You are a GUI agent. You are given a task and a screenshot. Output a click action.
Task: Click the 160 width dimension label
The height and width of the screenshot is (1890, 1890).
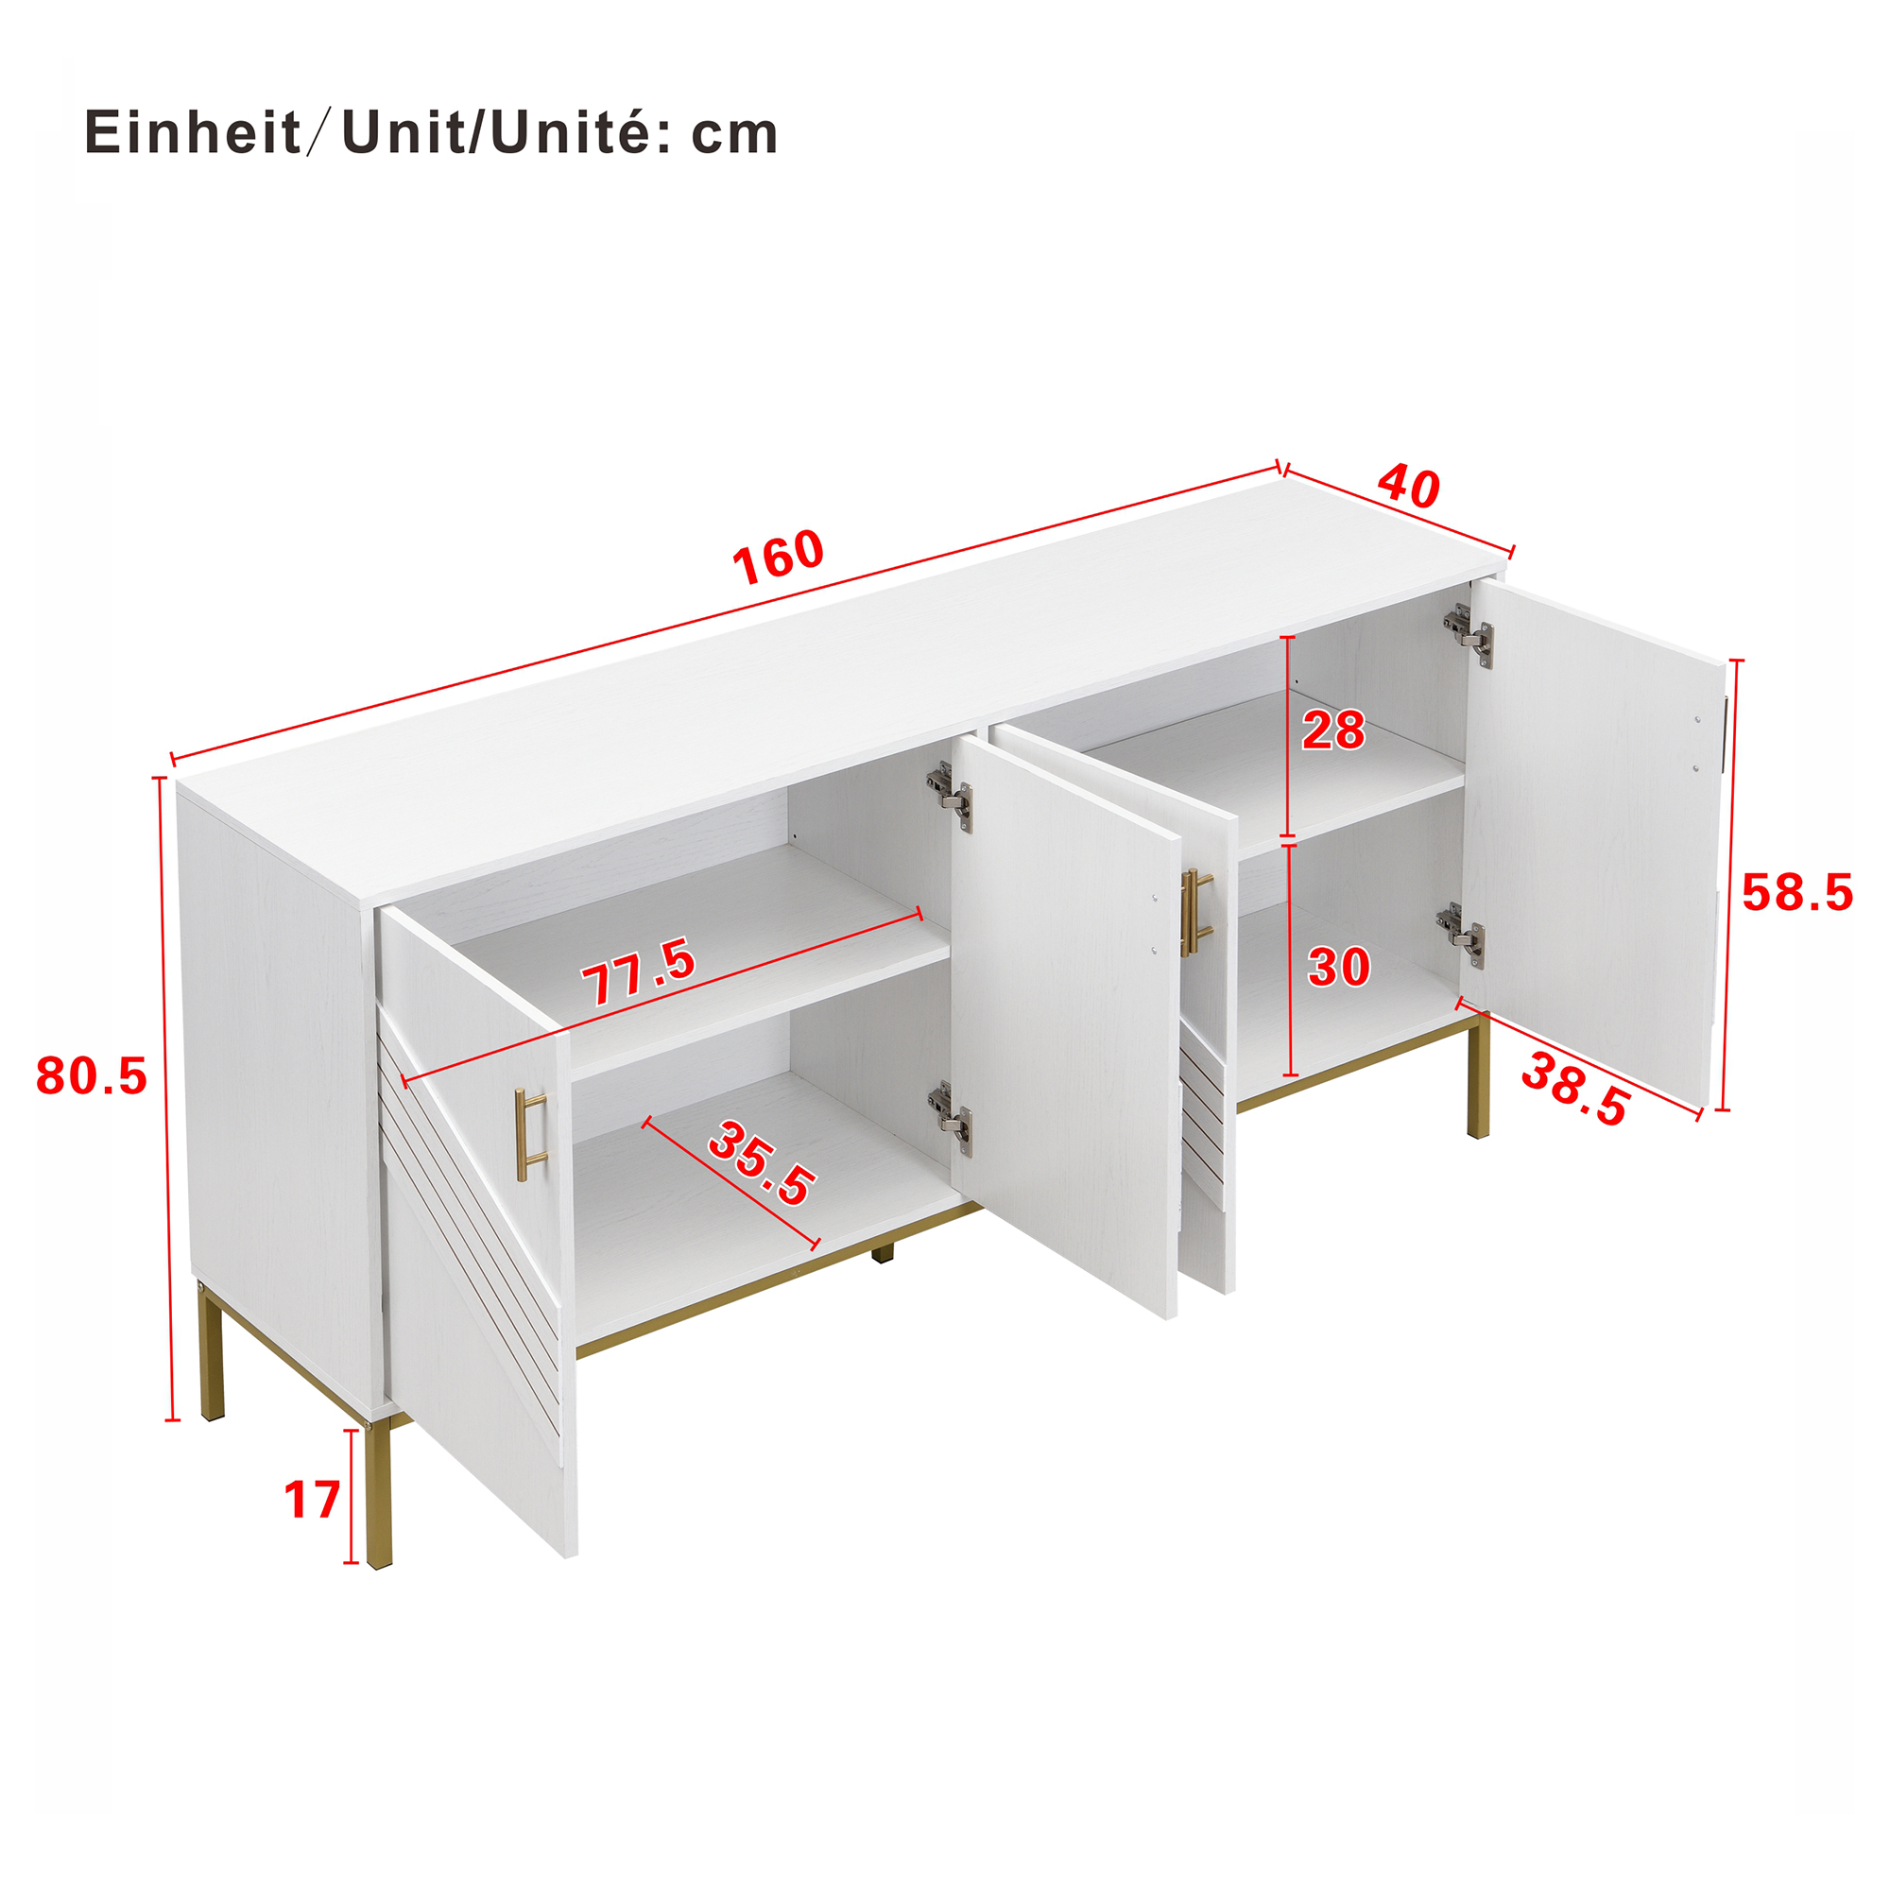(778, 558)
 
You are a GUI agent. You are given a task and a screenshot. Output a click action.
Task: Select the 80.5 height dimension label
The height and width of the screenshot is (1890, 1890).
(91, 1076)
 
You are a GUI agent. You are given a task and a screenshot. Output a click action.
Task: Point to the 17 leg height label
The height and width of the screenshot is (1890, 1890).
(312, 1500)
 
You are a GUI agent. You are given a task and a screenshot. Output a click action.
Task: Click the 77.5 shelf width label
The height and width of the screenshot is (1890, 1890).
(638, 971)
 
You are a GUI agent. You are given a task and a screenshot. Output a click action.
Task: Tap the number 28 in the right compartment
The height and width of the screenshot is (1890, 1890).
(1333, 730)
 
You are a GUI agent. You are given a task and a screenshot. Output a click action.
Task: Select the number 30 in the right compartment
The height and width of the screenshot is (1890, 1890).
(1339, 968)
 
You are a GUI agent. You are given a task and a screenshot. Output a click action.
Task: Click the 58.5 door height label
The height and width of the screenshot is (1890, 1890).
(1797, 893)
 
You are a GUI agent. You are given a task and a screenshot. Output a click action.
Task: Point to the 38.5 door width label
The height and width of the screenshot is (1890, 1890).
(1575, 1090)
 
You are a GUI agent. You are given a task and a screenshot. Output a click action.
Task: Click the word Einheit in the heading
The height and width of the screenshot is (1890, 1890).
(193, 132)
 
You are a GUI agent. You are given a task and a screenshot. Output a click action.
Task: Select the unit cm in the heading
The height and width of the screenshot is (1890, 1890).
(734, 134)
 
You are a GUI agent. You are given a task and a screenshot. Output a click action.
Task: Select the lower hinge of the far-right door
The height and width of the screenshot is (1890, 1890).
(1461, 936)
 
